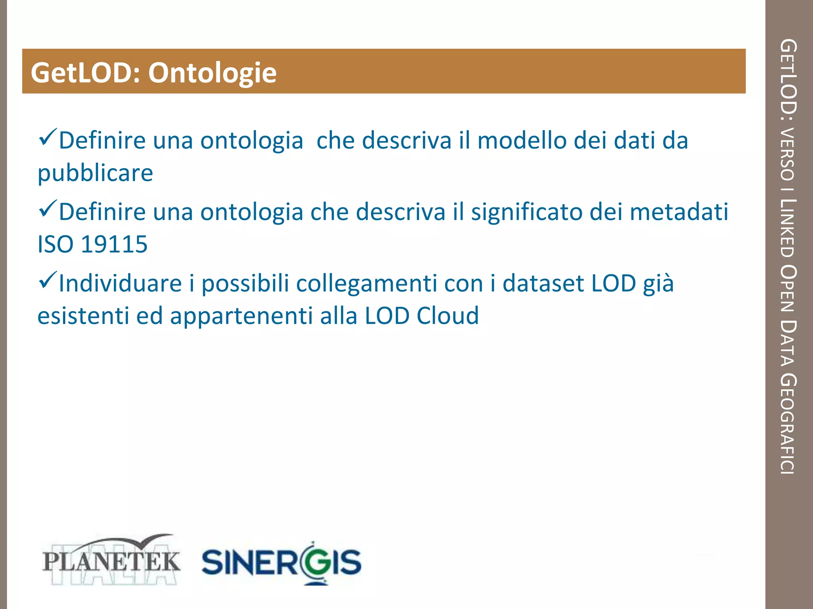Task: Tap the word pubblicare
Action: pos(95,173)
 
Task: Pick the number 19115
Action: pos(114,244)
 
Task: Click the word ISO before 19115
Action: pos(56,244)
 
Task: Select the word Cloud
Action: pos(448,316)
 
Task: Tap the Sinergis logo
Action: pos(281,562)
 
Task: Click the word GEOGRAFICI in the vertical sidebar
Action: pos(788,424)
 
